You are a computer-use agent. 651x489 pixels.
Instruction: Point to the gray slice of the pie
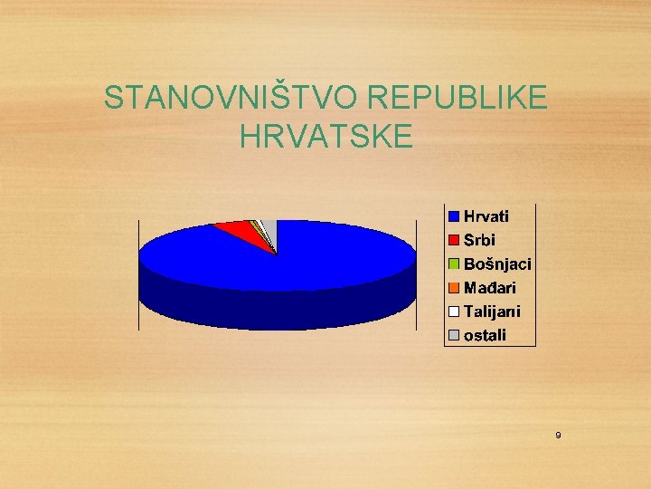tap(269, 227)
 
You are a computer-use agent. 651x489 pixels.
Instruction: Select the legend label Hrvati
tap(486, 216)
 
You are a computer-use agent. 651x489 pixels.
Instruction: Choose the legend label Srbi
tap(479, 240)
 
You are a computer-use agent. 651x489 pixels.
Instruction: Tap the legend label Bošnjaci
tap(497, 264)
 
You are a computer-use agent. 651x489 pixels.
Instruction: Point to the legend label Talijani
tap(492, 312)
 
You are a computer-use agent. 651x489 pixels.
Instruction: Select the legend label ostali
tap(486, 336)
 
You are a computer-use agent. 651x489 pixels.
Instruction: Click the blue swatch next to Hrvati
tap(454, 216)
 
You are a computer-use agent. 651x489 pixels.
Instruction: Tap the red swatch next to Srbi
tap(454, 240)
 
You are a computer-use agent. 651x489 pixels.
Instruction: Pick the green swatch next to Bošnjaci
tap(454, 264)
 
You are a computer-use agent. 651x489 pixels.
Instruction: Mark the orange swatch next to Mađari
tap(454, 288)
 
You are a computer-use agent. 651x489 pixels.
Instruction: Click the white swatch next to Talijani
tap(454, 312)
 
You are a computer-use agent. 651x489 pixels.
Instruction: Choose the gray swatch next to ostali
tap(454, 336)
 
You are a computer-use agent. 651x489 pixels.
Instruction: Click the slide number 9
tap(558, 436)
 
